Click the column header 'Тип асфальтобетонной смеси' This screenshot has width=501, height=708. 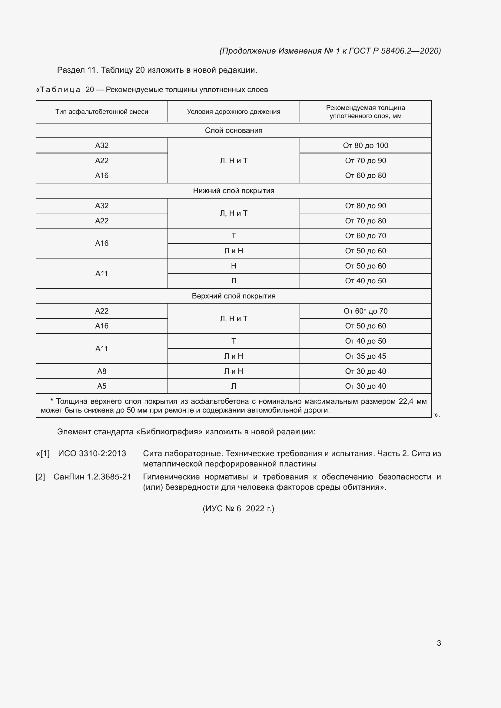click(x=102, y=112)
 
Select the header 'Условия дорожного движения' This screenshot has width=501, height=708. click(x=234, y=112)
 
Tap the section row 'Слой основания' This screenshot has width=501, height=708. click(x=234, y=130)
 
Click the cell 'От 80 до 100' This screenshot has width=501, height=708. click(x=365, y=146)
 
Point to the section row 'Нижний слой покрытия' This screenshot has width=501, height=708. click(x=234, y=191)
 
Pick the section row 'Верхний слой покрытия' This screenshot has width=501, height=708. click(x=234, y=296)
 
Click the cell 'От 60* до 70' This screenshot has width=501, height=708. click(x=365, y=311)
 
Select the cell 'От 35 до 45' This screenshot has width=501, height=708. click(x=365, y=356)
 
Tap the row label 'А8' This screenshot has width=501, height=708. click(x=102, y=371)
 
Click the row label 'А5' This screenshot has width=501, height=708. click(x=102, y=386)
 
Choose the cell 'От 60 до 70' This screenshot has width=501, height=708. click(x=365, y=236)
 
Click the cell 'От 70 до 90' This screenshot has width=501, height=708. click(x=365, y=161)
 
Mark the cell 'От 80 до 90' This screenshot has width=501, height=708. click(x=365, y=206)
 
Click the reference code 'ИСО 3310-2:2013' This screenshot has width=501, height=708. click(x=92, y=454)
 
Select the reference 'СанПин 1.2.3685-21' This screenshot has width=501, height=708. click(x=92, y=477)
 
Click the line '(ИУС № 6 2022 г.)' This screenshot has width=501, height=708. click(x=238, y=509)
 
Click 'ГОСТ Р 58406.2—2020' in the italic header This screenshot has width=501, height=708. click(x=395, y=51)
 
